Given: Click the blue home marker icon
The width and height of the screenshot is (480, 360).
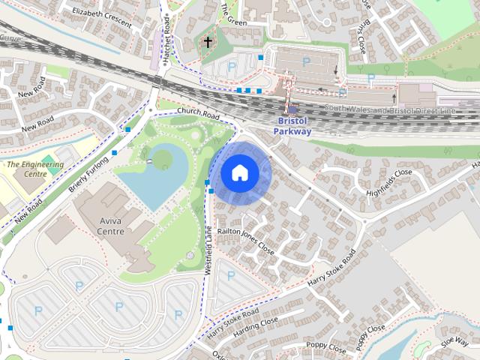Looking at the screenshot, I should click(239, 173).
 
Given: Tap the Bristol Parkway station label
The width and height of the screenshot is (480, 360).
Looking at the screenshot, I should click(292, 125).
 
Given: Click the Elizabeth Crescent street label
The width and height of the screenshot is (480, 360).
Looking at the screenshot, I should click(103, 17).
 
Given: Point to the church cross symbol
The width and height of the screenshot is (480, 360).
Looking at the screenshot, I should click(208, 43).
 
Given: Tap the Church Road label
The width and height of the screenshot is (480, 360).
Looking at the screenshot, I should click(198, 114).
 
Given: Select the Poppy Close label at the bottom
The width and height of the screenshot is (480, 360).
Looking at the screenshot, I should click(326, 349).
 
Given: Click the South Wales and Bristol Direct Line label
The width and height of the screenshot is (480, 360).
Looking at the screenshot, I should click(390, 110).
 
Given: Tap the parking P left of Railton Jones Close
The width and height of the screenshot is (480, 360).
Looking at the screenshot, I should click(230, 277).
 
